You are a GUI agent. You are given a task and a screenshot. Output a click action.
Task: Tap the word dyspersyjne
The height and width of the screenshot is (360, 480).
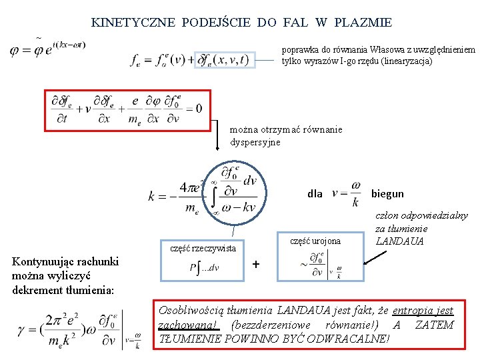256,142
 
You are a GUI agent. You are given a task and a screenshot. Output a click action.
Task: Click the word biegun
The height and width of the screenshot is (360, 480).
387,194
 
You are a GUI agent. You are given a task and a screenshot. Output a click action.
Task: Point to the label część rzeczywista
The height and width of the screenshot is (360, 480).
203,248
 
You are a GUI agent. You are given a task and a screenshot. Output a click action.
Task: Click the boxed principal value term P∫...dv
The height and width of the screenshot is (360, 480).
204,268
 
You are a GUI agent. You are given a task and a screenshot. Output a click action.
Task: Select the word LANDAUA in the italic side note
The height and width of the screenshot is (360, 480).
399,241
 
